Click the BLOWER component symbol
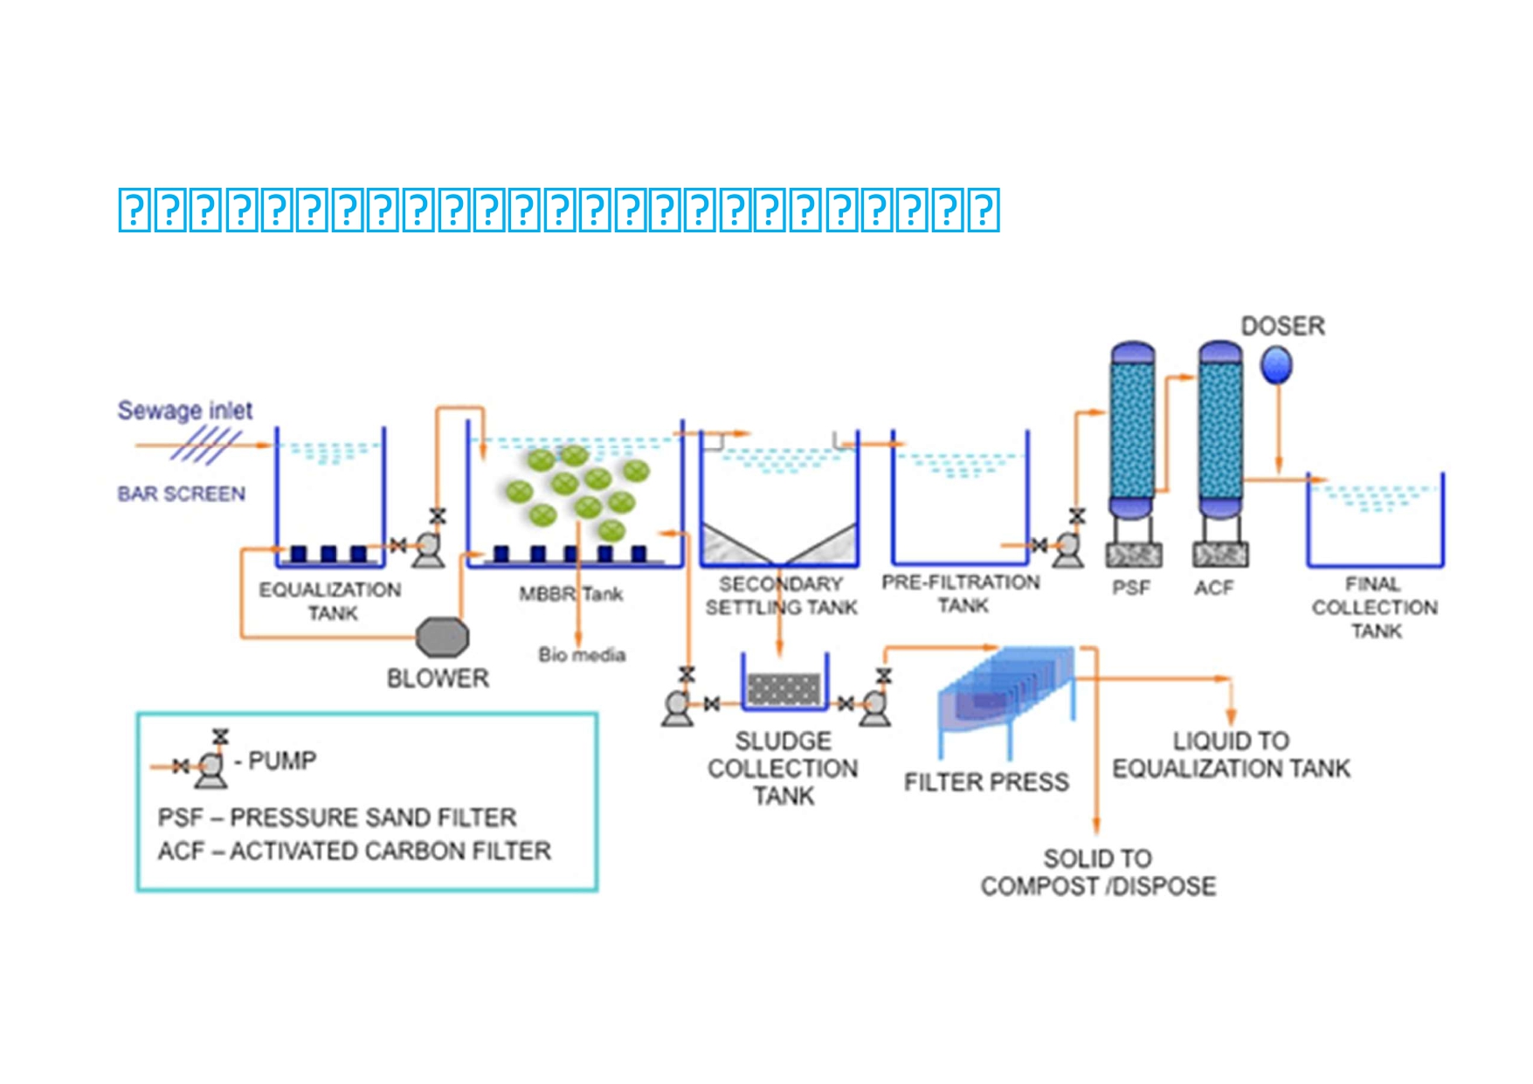(x=442, y=637)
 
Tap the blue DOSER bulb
(x=1276, y=364)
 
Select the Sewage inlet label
(x=185, y=411)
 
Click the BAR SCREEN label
(x=182, y=494)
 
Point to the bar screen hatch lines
(x=206, y=445)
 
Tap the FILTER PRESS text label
(x=986, y=782)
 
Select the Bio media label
(x=582, y=654)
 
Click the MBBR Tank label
(x=571, y=595)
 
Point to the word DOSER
(x=1283, y=327)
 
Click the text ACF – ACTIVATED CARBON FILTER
(x=355, y=851)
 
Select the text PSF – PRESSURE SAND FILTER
(x=337, y=818)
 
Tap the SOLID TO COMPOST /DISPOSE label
(x=1098, y=873)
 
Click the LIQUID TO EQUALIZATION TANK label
(x=1231, y=755)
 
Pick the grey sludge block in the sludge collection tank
(x=784, y=689)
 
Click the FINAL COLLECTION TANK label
(x=1375, y=607)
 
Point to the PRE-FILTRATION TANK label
(x=961, y=594)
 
